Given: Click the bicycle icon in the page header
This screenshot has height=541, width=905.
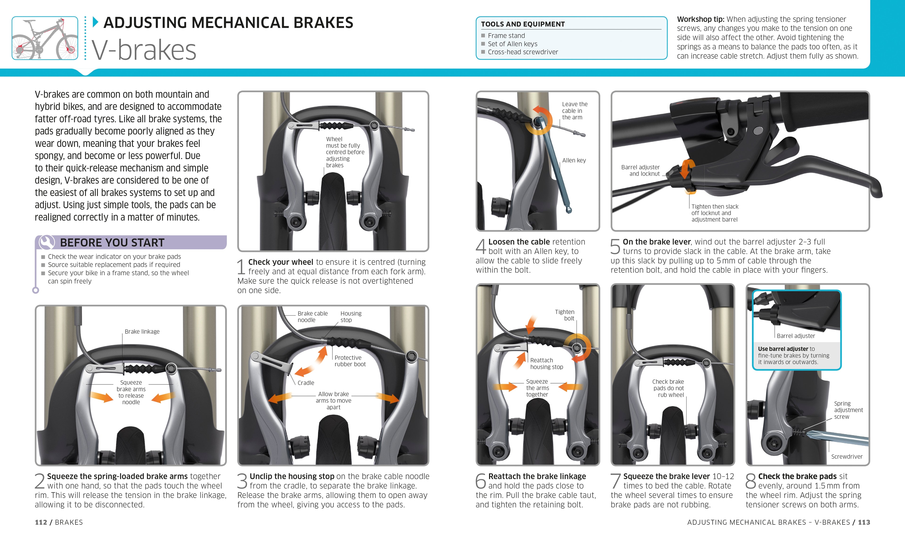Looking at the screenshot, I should tap(45, 38).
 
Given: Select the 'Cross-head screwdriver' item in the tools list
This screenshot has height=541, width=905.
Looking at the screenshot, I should tap(522, 52).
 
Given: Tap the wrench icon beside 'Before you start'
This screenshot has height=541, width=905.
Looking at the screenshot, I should tap(47, 242).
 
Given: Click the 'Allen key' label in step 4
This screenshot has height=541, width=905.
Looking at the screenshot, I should tap(574, 160).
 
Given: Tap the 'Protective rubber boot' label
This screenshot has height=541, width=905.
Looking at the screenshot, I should tap(350, 361).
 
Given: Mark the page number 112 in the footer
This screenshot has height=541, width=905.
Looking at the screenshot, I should tap(41, 522).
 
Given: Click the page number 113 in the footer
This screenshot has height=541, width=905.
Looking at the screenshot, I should tap(864, 522).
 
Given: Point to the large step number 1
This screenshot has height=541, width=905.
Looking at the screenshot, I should tap(241, 267).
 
